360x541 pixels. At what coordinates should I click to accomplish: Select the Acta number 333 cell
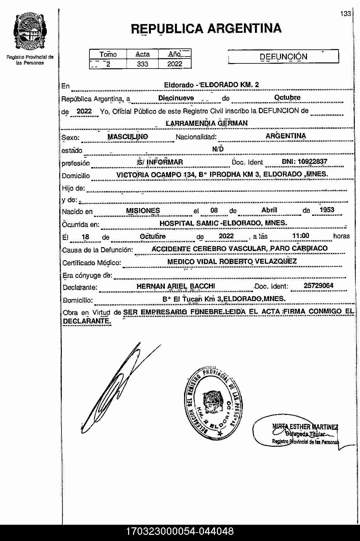pos(142,64)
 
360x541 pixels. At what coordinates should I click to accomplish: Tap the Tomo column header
pos(108,54)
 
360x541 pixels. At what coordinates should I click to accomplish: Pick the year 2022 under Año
pos(175,64)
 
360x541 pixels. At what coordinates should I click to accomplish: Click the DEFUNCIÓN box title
pos(283,57)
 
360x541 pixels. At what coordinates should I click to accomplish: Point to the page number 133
pos(346,14)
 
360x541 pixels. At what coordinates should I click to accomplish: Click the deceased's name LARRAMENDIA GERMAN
pos(207,123)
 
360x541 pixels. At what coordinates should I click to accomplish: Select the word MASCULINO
pos(127,137)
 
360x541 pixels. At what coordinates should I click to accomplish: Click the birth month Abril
pos(269,210)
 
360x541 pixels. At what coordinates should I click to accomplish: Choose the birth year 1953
pos(327,210)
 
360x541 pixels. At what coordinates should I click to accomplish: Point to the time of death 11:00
pos(301,236)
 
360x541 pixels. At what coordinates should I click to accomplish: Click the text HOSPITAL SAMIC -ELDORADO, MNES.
pos(223,223)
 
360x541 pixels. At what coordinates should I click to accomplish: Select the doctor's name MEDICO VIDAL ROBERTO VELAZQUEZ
pos(232,261)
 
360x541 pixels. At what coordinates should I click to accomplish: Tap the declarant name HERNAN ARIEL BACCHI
pos(176,286)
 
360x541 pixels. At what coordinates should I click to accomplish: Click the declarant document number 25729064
pos(318,286)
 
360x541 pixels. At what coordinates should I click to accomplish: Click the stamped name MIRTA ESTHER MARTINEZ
pos(305,427)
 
